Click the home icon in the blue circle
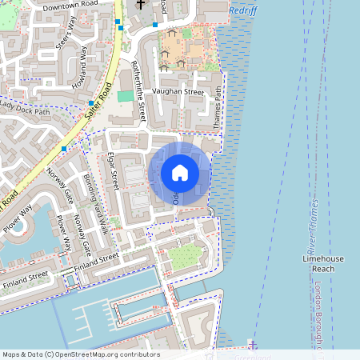(179, 173)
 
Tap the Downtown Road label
(70, 6)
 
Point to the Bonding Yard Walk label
(95, 204)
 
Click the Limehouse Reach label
(322, 265)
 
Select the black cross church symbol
(140, 5)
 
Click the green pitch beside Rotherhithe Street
(126, 96)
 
